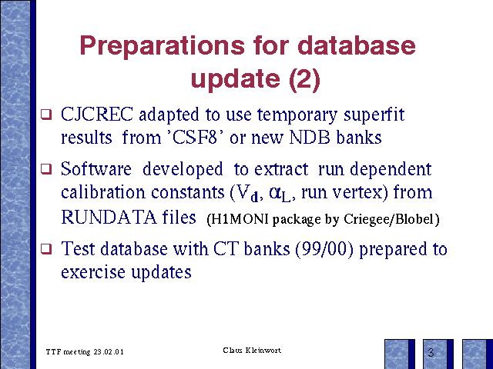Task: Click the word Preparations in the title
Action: tap(163, 46)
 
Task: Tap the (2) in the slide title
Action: tap(304, 79)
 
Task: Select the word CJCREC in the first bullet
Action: tap(97, 114)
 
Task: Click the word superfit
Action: tap(374, 115)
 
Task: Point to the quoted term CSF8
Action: tap(194, 137)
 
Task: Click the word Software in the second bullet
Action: tap(96, 169)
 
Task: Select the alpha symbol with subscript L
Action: tap(280, 193)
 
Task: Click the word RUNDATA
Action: tap(109, 217)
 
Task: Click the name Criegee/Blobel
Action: tap(388, 219)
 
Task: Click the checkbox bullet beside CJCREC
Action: tap(46, 114)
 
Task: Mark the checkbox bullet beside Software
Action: tap(46, 169)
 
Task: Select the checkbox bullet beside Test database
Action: tap(46, 249)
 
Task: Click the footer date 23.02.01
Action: tap(109, 352)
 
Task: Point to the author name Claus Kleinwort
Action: tap(252, 351)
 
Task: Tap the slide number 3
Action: tap(431, 352)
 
